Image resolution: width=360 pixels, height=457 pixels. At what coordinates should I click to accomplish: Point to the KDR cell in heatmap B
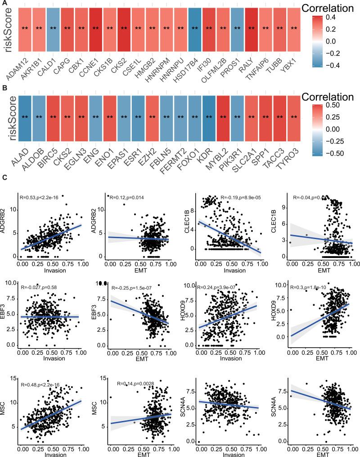pos(209,117)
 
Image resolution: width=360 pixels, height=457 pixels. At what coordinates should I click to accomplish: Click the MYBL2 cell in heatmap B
pos(223,117)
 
